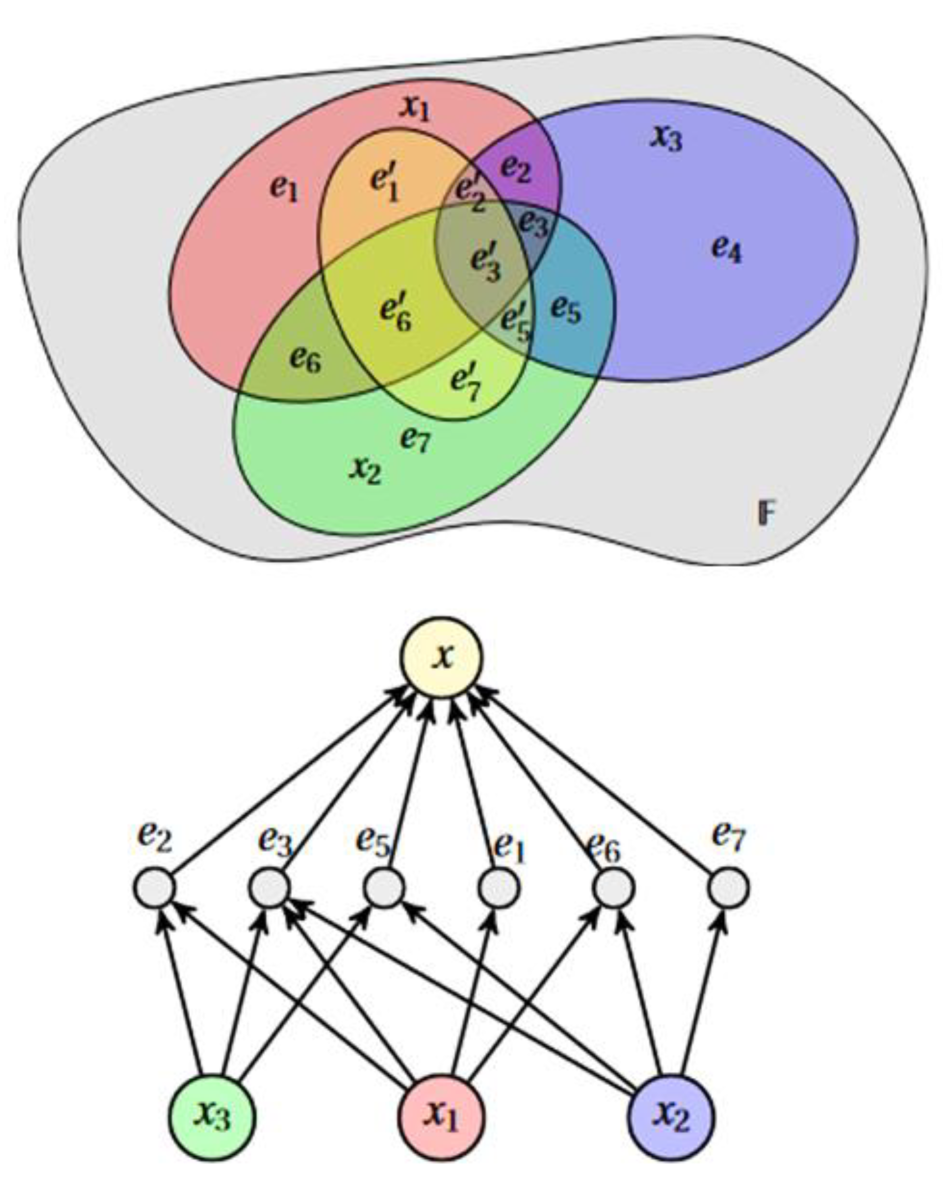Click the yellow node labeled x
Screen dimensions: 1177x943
pos(442,658)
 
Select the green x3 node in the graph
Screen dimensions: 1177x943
pos(212,1117)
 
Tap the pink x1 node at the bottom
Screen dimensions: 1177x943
pos(441,1117)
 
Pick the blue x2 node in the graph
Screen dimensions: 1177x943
pos(671,1117)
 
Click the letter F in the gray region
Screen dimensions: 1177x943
pos(766,513)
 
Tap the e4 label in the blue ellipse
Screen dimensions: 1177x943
pos(726,250)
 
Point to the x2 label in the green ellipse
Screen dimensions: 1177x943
pos(365,469)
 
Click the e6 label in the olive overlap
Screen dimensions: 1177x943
pos(305,359)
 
